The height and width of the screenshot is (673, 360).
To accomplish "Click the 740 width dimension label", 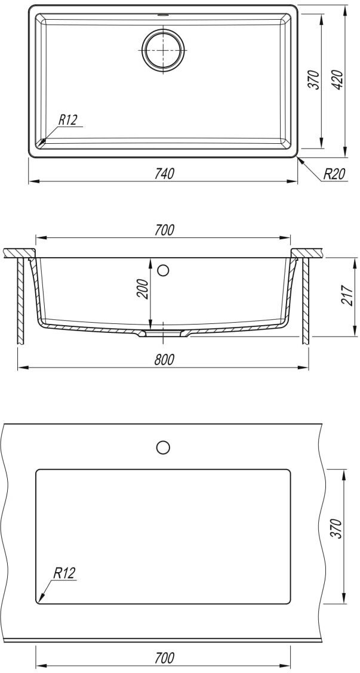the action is click(x=163, y=174).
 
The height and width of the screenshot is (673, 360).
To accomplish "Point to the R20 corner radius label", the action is click(x=334, y=174).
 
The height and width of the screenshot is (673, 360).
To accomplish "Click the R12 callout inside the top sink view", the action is click(x=67, y=120).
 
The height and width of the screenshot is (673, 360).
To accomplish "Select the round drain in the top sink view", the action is click(x=163, y=50).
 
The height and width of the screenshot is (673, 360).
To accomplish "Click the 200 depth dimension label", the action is click(x=143, y=289).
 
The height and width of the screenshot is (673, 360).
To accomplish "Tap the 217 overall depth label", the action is click(x=349, y=295).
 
